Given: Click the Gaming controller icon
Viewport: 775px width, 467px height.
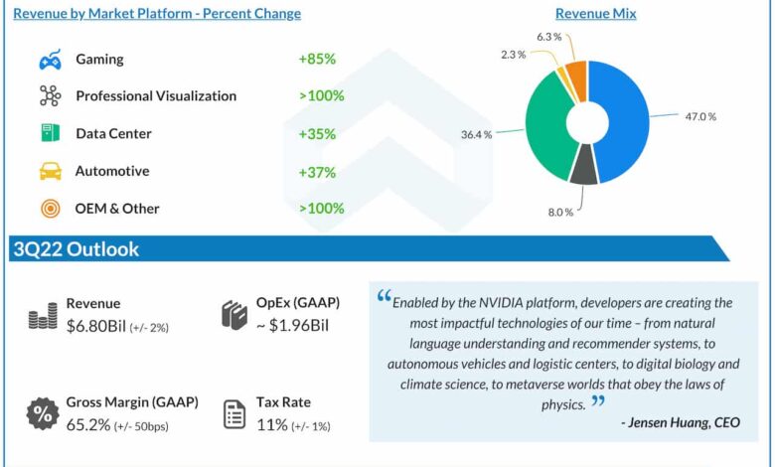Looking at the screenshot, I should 50,60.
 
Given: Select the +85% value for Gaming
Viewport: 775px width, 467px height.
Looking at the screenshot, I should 317,59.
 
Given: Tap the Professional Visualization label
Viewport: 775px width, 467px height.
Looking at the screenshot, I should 156,96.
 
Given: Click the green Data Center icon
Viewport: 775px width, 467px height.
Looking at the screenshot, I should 50,133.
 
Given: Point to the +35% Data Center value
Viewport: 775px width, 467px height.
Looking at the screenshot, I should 317,133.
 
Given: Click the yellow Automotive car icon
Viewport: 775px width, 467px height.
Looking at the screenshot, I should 50,171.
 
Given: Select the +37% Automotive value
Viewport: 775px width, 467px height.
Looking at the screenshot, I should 317,171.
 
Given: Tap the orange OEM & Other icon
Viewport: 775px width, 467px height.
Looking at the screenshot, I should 50,209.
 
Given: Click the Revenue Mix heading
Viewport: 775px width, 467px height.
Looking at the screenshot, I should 595,14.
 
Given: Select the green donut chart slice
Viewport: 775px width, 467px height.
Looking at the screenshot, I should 542,124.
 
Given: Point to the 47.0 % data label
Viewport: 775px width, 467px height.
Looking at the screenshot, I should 698,116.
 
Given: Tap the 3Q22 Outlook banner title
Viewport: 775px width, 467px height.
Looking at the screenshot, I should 76,249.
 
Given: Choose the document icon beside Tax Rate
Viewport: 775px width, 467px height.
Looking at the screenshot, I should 234,413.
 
